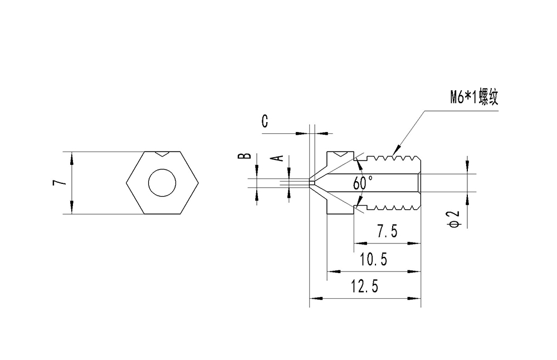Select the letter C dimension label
pos(265,121)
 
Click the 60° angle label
pos(363,182)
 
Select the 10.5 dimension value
pos(374,260)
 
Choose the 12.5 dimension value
pos(365,286)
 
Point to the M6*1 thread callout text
pos(474,99)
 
